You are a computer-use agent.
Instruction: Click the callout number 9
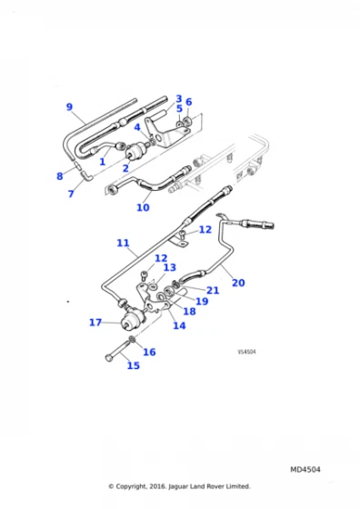(x=69, y=107)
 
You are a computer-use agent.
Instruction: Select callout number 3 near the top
(x=179, y=98)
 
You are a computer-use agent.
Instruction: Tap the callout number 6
(x=189, y=103)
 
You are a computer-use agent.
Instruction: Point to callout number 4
(x=136, y=127)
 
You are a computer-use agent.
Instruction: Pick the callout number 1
(x=103, y=162)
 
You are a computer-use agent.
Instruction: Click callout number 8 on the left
(x=60, y=175)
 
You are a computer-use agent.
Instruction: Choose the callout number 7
(x=70, y=194)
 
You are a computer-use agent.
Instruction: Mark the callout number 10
(x=143, y=207)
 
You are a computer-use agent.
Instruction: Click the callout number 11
(x=124, y=243)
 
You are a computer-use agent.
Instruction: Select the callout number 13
(x=169, y=268)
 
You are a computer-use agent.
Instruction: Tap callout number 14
(x=179, y=324)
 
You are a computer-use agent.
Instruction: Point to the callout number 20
(x=238, y=283)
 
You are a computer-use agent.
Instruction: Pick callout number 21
(x=213, y=290)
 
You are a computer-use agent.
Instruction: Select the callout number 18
(x=189, y=311)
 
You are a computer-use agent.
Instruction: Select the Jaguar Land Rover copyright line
(x=179, y=486)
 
